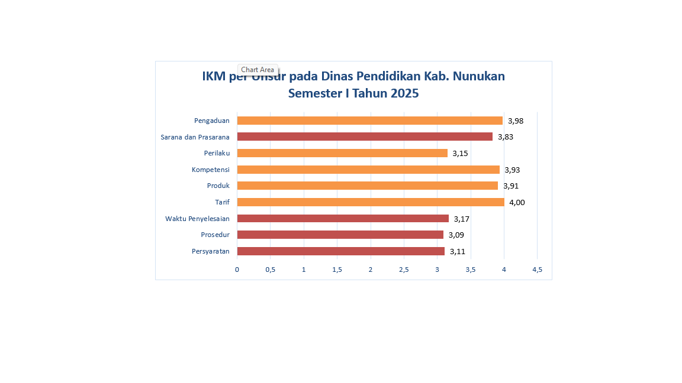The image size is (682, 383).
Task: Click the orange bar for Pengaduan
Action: tap(370, 121)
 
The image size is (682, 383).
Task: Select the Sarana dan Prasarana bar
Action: tap(365, 137)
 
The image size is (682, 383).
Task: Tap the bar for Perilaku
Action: tap(342, 153)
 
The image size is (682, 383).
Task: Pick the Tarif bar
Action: tap(371, 202)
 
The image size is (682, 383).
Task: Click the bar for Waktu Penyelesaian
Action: tap(343, 219)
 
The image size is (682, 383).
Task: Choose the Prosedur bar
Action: tap(340, 235)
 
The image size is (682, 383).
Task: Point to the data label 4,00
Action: tap(517, 203)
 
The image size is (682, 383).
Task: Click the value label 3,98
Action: tap(516, 121)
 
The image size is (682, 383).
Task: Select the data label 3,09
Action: tap(456, 235)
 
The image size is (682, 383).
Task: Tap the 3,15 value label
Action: tap(461, 154)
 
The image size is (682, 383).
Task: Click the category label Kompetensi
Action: tap(210, 170)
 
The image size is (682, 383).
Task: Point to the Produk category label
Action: tap(218, 186)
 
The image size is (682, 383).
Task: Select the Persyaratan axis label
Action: tap(210, 251)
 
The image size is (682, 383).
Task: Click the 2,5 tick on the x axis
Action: tap(404, 270)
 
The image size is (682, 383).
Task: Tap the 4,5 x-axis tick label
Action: tap(537, 270)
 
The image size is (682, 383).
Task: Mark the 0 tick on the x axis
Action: tap(237, 270)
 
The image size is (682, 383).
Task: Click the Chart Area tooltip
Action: tap(258, 70)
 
